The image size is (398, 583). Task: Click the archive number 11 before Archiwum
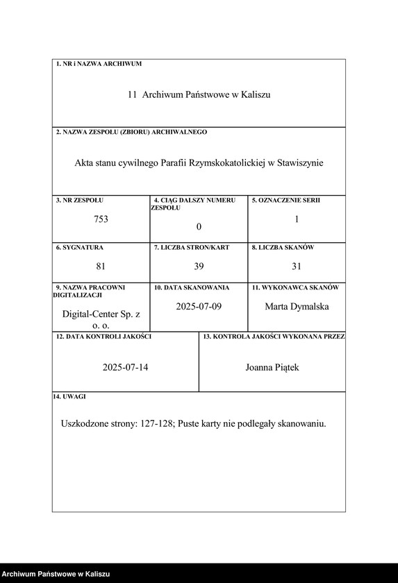(132, 94)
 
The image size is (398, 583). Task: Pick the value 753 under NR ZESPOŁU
(101, 219)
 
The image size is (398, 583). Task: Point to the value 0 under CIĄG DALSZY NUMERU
(199, 227)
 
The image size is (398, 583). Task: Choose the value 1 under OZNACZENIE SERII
(297, 219)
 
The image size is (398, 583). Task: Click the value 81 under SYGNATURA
(101, 266)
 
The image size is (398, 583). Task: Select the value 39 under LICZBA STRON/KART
(199, 266)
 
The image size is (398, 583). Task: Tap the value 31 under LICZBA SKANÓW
(297, 266)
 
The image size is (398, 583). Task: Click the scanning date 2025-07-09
(199, 306)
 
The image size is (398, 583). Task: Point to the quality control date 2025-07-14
(125, 367)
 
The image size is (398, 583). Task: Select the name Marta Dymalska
(297, 306)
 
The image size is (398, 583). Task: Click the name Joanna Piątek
(272, 367)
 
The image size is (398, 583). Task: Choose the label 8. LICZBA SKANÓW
(283, 247)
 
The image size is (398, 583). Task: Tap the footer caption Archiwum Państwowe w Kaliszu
(56, 574)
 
